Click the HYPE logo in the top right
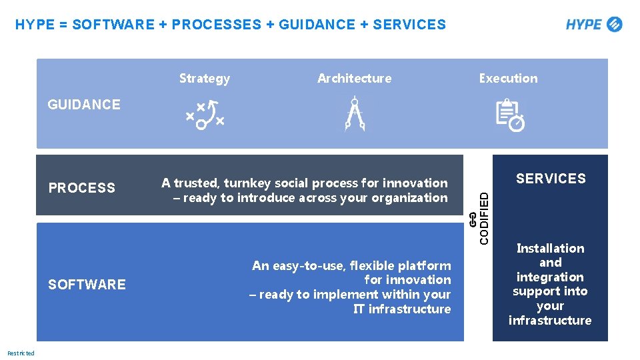(x=593, y=25)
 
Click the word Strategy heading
(x=204, y=79)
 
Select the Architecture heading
(x=354, y=79)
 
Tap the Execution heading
(x=508, y=79)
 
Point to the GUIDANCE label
(x=84, y=105)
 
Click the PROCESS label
(x=81, y=188)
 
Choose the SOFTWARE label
(x=87, y=285)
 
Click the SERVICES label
(x=551, y=179)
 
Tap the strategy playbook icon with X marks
(x=205, y=114)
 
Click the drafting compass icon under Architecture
(x=354, y=114)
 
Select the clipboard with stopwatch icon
(x=510, y=115)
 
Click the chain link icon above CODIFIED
(x=472, y=222)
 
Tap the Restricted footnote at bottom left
(x=21, y=353)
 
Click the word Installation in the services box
(x=550, y=249)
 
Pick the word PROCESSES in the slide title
(x=216, y=25)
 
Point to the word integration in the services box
(x=550, y=277)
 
